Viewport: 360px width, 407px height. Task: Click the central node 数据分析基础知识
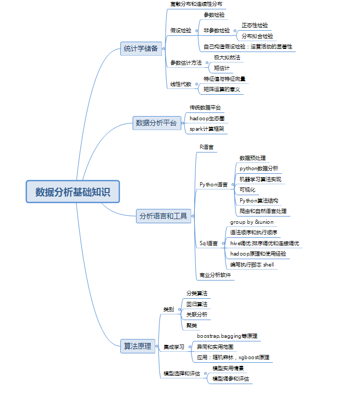pos(73,192)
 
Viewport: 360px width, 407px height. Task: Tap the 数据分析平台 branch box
pos(156,123)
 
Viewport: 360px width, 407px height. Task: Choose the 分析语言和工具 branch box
pos(163,215)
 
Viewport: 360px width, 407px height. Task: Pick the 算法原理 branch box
pos(138,346)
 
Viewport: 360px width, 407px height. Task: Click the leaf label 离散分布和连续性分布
pos(191,4)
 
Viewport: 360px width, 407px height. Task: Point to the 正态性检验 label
pos(254,25)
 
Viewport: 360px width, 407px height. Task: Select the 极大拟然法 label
pos(227,57)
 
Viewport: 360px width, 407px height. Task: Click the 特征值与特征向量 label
pos(225,79)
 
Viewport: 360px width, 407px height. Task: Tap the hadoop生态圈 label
pos(207,118)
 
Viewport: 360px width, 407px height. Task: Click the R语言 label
pos(206,147)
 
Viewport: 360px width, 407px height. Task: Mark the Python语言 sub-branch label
pos(214,184)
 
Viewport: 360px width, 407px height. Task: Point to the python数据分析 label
pos(259,169)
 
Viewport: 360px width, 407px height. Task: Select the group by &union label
pos(252,222)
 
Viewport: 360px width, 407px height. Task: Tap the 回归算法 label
pos(197,304)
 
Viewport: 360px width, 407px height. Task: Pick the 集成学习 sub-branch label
pos(174,347)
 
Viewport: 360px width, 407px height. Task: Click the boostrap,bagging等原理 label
pos(227,336)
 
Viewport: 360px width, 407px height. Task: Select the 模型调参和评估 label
pos(231,379)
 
